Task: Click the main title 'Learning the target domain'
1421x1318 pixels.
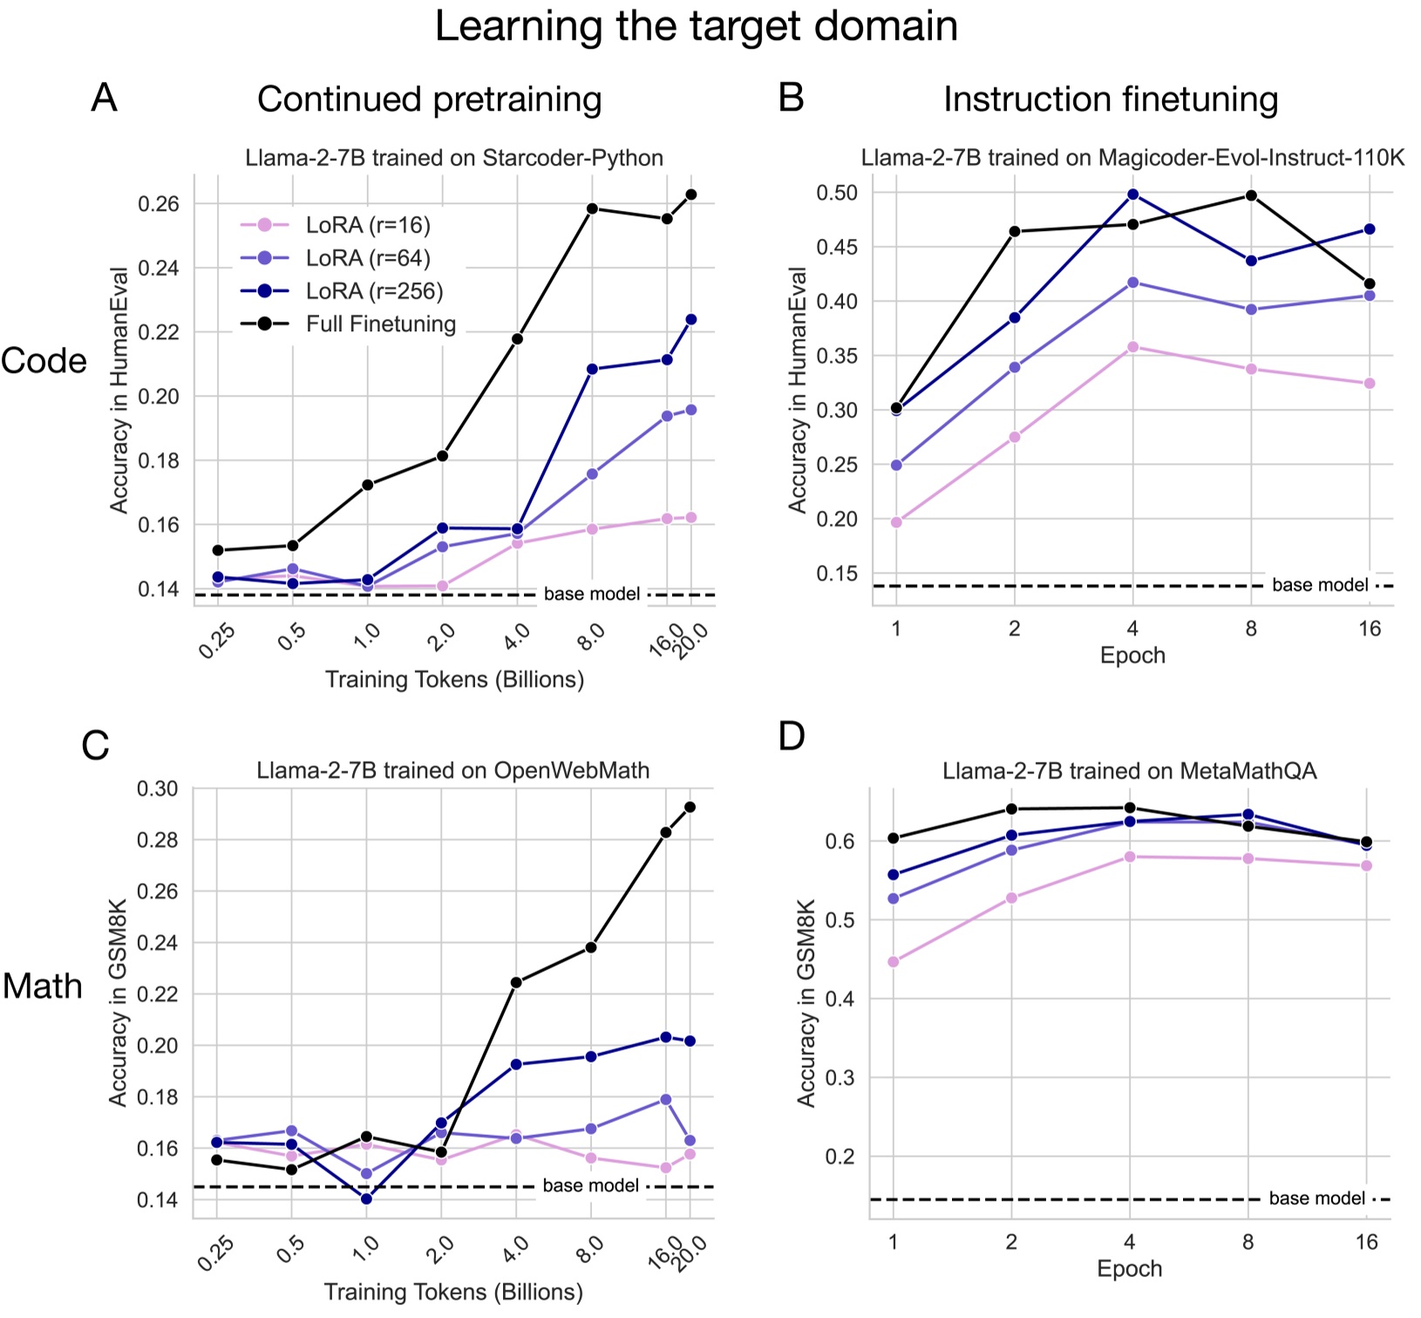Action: coord(696,27)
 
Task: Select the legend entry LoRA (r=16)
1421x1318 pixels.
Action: coord(367,225)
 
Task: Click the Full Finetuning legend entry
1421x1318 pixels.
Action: coord(380,324)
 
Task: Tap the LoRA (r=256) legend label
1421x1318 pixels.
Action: coord(374,291)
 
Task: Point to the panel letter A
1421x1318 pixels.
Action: coord(104,98)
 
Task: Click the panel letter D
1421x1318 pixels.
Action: coord(792,737)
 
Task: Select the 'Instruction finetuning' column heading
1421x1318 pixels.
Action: coord(1110,99)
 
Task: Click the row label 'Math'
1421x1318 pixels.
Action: coord(42,986)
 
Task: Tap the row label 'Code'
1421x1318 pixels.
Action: coord(44,361)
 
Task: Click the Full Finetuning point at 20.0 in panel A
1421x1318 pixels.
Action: coord(691,194)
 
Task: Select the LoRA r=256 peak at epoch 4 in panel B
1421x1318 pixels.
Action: coord(1133,194)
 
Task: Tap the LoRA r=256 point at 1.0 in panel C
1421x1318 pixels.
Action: coord(366,1199)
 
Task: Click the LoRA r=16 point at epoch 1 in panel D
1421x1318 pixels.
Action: coord(893,962)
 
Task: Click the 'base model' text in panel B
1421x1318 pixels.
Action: coord(1319,585)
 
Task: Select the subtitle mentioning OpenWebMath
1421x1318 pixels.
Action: coord(452,771)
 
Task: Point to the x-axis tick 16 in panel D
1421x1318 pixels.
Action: coord(1367,1241)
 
